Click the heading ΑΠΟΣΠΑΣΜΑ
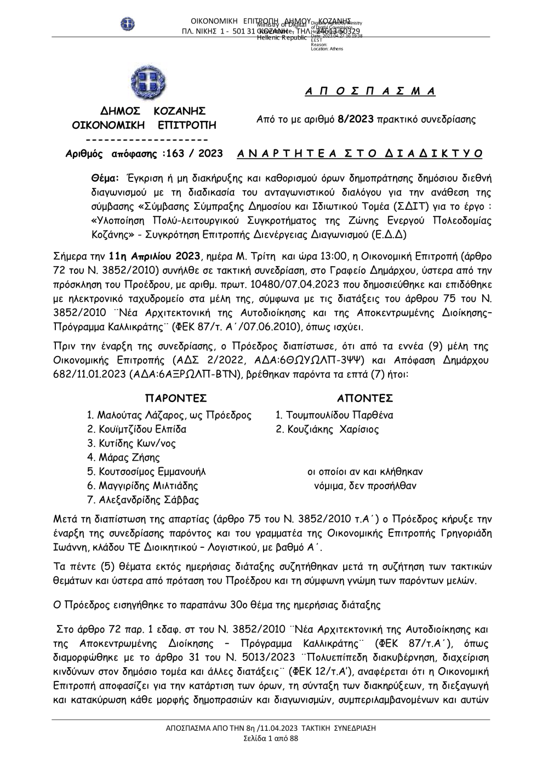(x=370, y=91)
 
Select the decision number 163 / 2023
(x=195, y=153)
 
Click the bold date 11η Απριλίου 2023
(x=155, y=256)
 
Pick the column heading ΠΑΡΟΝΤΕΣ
(x=175, y=398)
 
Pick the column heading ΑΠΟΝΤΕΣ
(x=365, y=398)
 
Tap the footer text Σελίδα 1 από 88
(x=271, y=738)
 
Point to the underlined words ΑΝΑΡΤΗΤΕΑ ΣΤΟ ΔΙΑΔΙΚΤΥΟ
(x=360, y=153)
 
